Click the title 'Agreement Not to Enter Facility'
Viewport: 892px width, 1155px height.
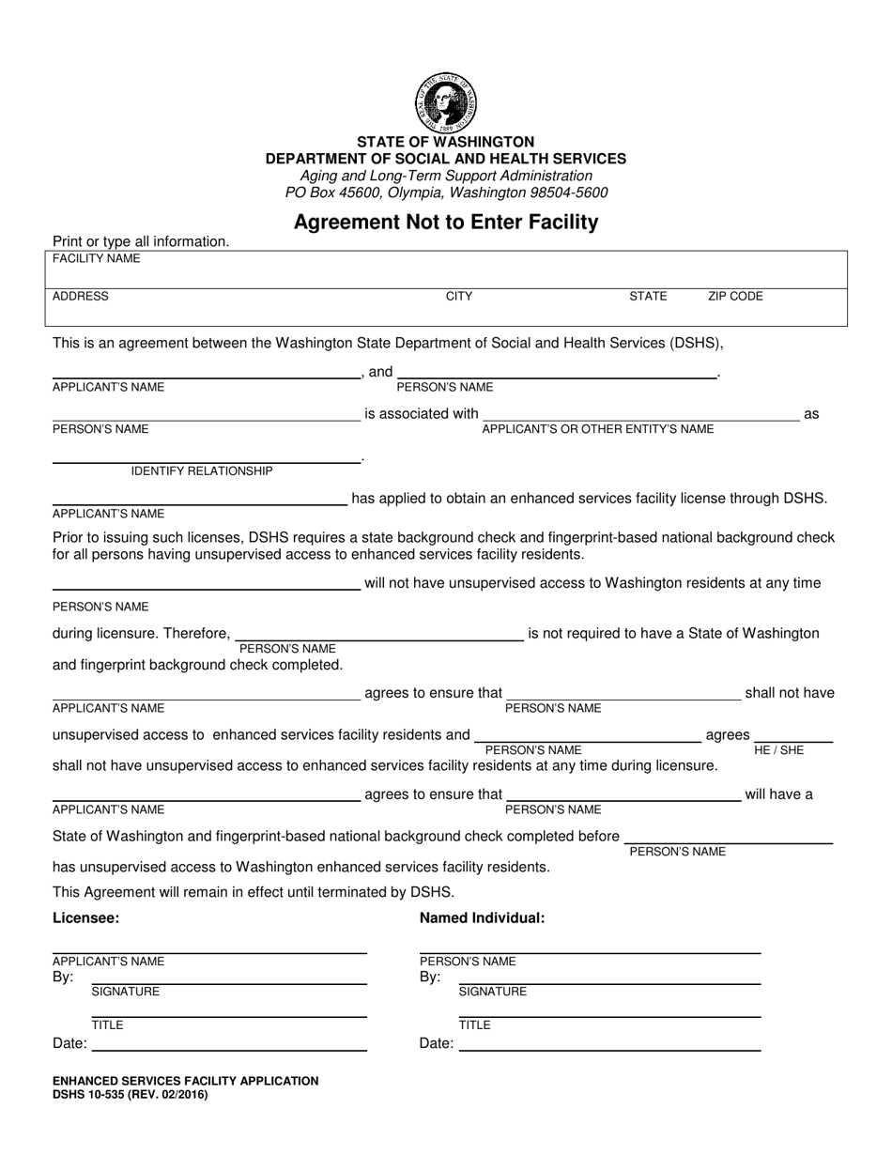pyautogui.click(x=446, y=223)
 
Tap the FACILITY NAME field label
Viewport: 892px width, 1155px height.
pyautogui.click(x=97, y=258)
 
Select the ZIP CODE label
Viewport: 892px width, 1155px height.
pyautogui.click(x=735, y=297)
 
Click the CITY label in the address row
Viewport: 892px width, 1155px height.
pyautogui.click(x=459, y=297)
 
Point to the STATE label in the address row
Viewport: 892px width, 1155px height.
pyautogui.click(x=648, y=297)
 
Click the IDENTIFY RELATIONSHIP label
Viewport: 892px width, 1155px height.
pyautogui.click(x=202, y=471)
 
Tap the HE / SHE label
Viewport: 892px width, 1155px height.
pyautogui.click(x=779, y=750)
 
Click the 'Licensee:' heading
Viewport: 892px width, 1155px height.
pyautogui.click(x=86, y=918)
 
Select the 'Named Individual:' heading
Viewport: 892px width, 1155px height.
pyautogui.click(x=482, y=918)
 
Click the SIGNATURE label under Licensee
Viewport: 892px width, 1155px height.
pyautogui.click(x=125, y=992)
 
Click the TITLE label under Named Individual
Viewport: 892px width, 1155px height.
pyautogui.click(x=474, y=1025)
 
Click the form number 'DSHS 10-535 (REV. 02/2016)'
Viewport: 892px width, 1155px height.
pyautogui.click(x=131, y=1095)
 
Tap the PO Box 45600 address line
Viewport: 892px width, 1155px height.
pyautogui.click(x=446, y=192)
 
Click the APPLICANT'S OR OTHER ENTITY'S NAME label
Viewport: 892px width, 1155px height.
pyautogui.click(x=597, y=429)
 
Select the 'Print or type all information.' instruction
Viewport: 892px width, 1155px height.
pyautogui.click(x=141, y=241)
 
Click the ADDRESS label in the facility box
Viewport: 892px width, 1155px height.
pyautogui.click(x=81, y=297)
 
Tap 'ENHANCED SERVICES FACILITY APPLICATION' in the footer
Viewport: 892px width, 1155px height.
pyautogui.click(x=186, y=1082)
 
